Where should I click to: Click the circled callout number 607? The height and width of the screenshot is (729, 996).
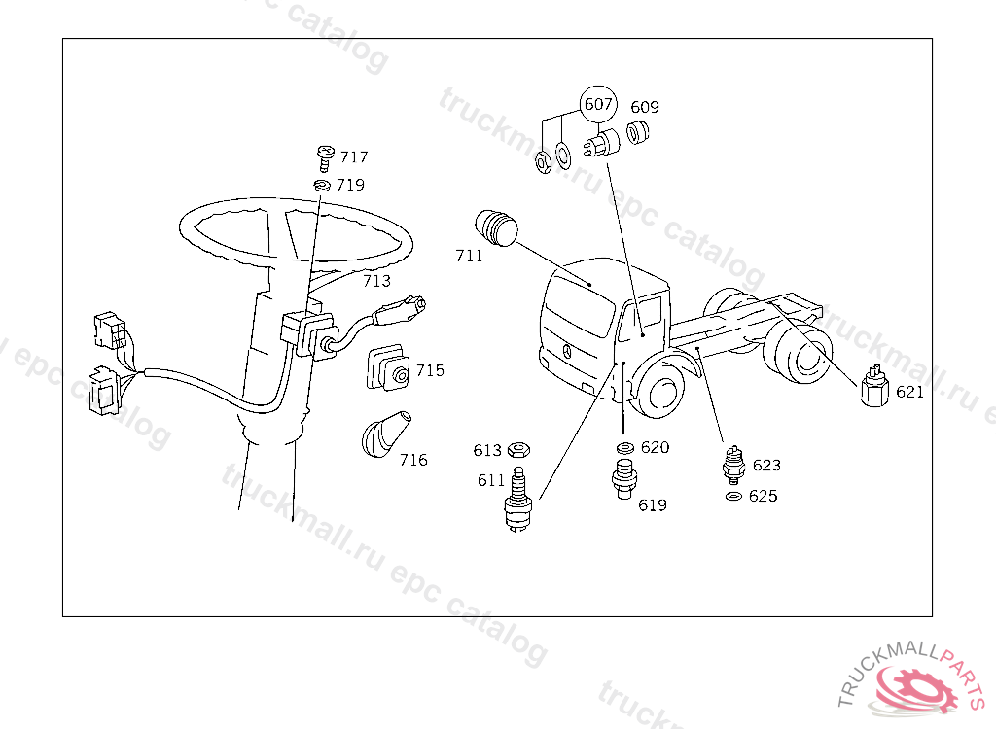coord(598,104)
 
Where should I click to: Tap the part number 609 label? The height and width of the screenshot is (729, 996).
coord(645,107)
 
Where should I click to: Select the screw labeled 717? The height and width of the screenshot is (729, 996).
coord(325,158)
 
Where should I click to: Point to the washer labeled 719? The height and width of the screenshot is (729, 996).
coord(323,186)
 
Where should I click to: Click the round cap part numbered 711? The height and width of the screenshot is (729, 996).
coord(496,227)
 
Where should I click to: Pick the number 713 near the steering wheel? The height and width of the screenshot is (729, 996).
coord(376,281)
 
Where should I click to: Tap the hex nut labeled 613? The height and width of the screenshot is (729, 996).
coord(519,450)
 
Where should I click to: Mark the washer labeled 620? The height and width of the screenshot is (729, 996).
coord(625,448)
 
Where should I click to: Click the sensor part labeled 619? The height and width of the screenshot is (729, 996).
coord(624,478)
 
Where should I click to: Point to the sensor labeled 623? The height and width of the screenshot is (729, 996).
coord(733,465)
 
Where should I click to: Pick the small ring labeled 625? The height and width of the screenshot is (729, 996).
coord(733,496)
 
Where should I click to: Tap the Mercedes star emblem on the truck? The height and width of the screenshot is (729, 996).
coord(567,350)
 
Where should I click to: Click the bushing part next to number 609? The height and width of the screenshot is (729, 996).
coord(637,133)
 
